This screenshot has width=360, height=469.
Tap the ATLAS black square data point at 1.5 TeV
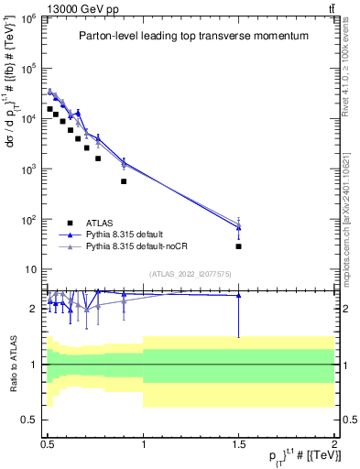coord(239,246)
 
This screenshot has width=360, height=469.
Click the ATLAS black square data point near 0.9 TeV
coord(124,181)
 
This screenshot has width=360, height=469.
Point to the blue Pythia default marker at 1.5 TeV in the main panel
coord(239,227)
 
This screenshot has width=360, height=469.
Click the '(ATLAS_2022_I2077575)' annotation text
coord(190,274)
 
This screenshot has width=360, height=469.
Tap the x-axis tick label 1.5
coord(239,442)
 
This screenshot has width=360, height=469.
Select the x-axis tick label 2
coord(334,442)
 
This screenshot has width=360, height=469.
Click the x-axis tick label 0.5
coord(48,442)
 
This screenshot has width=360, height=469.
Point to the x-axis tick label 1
coord(144,442)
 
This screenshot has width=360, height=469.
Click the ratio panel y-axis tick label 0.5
coord(31,420)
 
